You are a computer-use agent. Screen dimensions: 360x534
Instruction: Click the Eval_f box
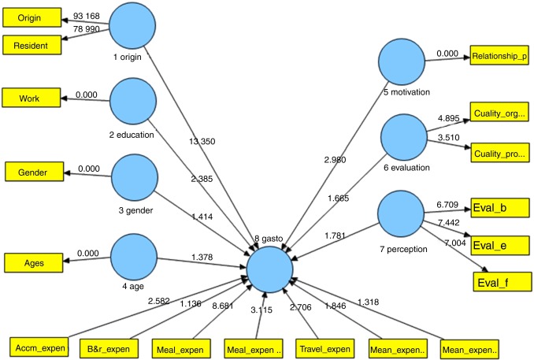[502, 280]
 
